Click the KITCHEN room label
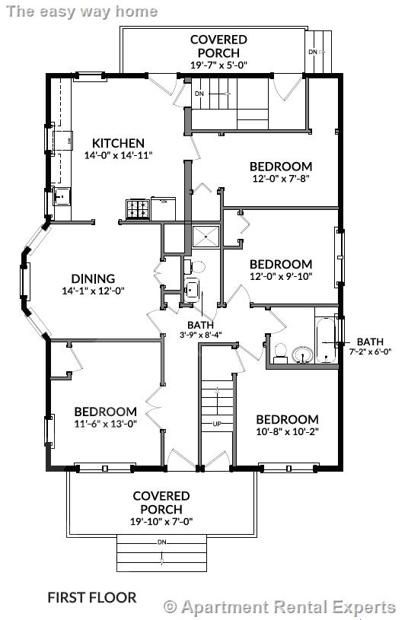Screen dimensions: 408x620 (x=118, y=143)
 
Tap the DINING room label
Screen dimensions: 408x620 (x=93, y=278)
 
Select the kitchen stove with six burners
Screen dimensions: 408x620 (x=138, y=209)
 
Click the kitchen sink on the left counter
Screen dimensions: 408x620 (x=62, y=196)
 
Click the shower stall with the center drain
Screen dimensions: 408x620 (x=206, y=236)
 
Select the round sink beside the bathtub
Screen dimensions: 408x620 (x=302, y=355)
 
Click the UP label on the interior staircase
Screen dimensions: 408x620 (x=217, y=424)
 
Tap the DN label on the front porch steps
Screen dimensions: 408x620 (x=161, y=542)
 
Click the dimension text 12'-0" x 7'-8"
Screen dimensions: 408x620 (x=281, y=178)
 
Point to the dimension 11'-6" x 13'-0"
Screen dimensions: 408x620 (x=105, y=424)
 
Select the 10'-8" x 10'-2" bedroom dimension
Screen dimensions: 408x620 (x=287, y=431)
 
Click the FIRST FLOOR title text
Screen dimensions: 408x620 (x=92, y=597)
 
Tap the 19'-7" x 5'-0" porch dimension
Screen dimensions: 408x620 (x=218, y=65)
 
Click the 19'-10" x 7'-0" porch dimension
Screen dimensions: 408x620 (x=161, y=522)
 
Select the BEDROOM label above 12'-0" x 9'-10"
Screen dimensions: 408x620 (x=281, y=264)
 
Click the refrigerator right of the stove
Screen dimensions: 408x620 (x=164, y=208)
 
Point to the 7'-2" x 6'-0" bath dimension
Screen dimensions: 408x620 (x=370, y=351)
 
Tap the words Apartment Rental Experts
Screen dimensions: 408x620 (x=288, y=606)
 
